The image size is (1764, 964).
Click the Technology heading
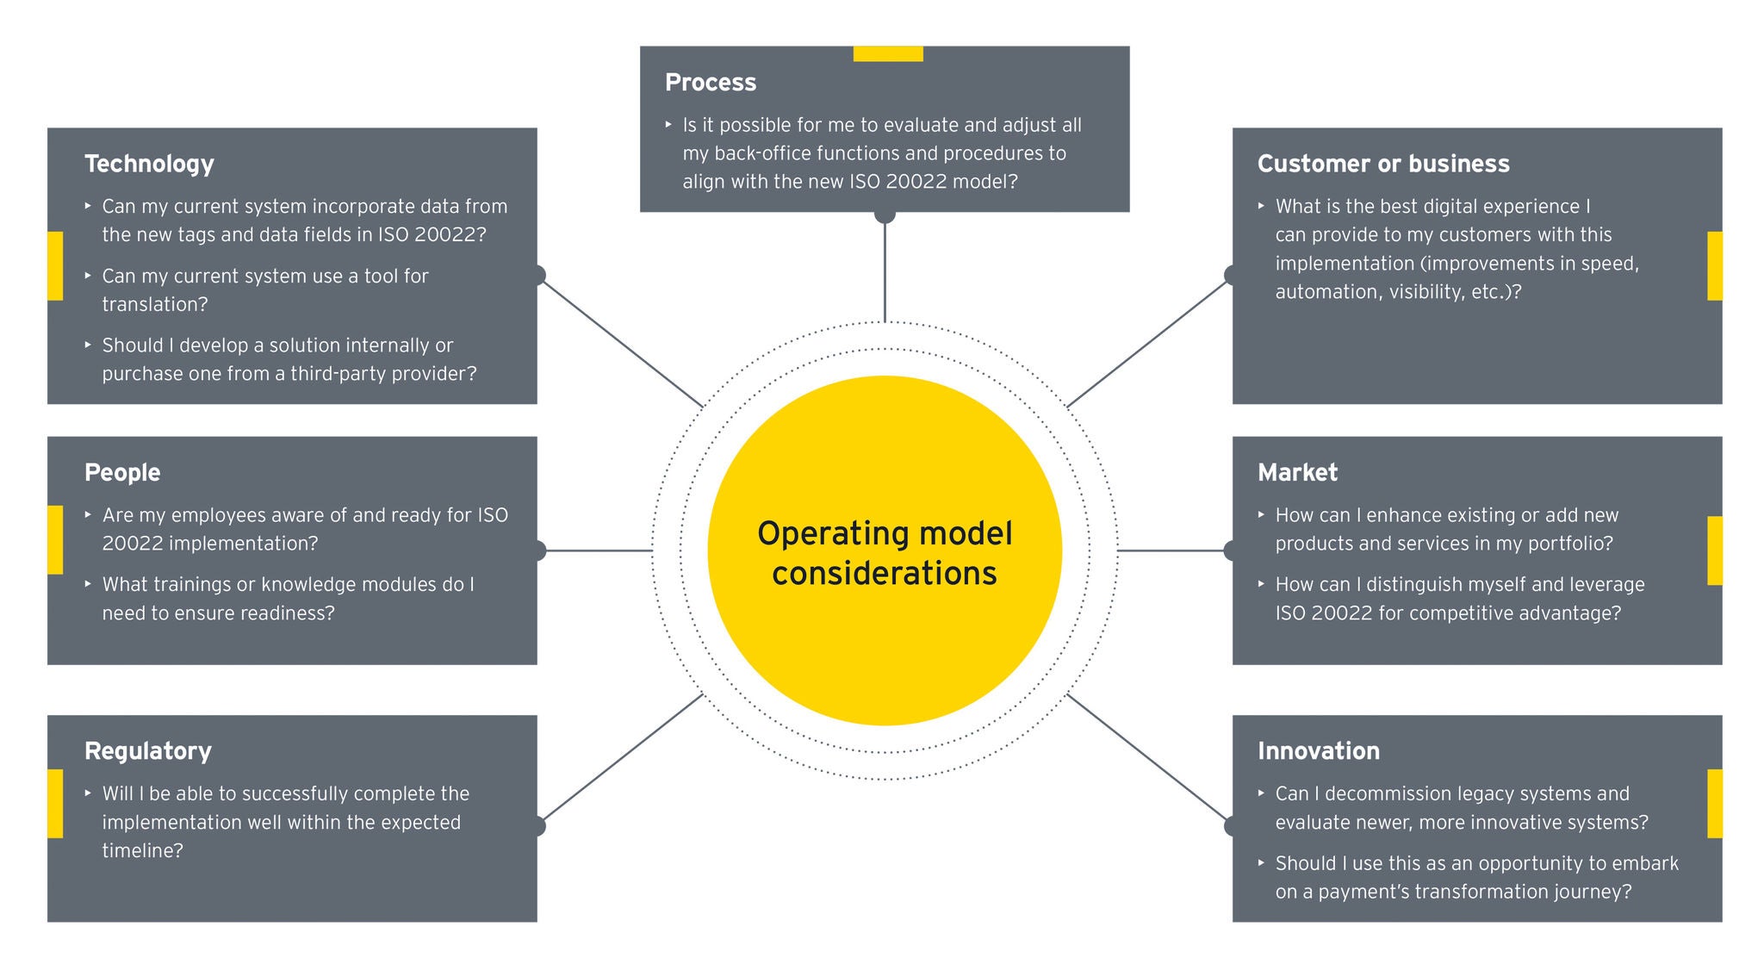[149, 164]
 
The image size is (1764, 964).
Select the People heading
[122, 472]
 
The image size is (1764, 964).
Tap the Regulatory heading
[148, 751]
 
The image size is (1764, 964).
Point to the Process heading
[711, 83]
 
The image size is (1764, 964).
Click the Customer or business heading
[1383, 164]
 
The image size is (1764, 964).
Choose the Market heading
[1297, 472]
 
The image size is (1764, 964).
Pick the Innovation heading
[1318, 751]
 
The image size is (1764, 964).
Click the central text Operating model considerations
[885, 553]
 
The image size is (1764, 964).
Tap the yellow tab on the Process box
[888, 53]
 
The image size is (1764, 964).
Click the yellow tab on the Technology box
[55, 265]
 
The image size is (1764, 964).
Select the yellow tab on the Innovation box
[1714, 803]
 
